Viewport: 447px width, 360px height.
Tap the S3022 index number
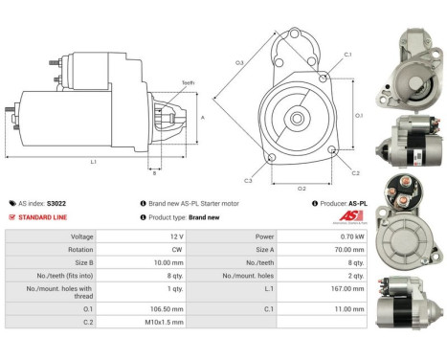(x=56, y=203)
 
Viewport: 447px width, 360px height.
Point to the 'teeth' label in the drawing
(x=188, y=83)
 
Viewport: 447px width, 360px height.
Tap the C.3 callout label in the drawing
(x=248, y=180)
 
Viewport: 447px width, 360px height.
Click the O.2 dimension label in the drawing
(x=302, y=189)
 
